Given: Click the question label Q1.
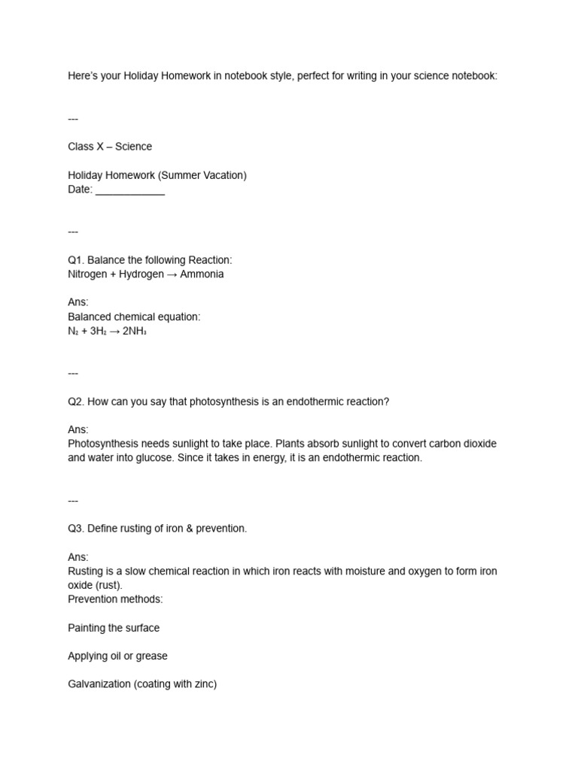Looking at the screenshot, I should click(x=75, y=260).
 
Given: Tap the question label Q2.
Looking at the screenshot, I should click(x=75, y=402).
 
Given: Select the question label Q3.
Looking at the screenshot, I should click(x=75, y=529).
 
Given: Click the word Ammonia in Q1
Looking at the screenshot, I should click(x=202, y=274).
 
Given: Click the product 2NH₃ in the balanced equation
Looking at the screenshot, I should click(x=134, y=331).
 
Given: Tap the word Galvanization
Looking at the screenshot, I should click(x=99, y=684).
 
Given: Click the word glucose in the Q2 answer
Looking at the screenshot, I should click(x=154, y=457).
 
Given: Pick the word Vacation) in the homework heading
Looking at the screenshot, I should click(x=224, y=175).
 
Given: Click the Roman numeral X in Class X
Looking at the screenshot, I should click(x=100, y=147).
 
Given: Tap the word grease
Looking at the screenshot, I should click(x=152, y=656).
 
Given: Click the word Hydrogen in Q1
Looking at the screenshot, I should click(x=141, y=274).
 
